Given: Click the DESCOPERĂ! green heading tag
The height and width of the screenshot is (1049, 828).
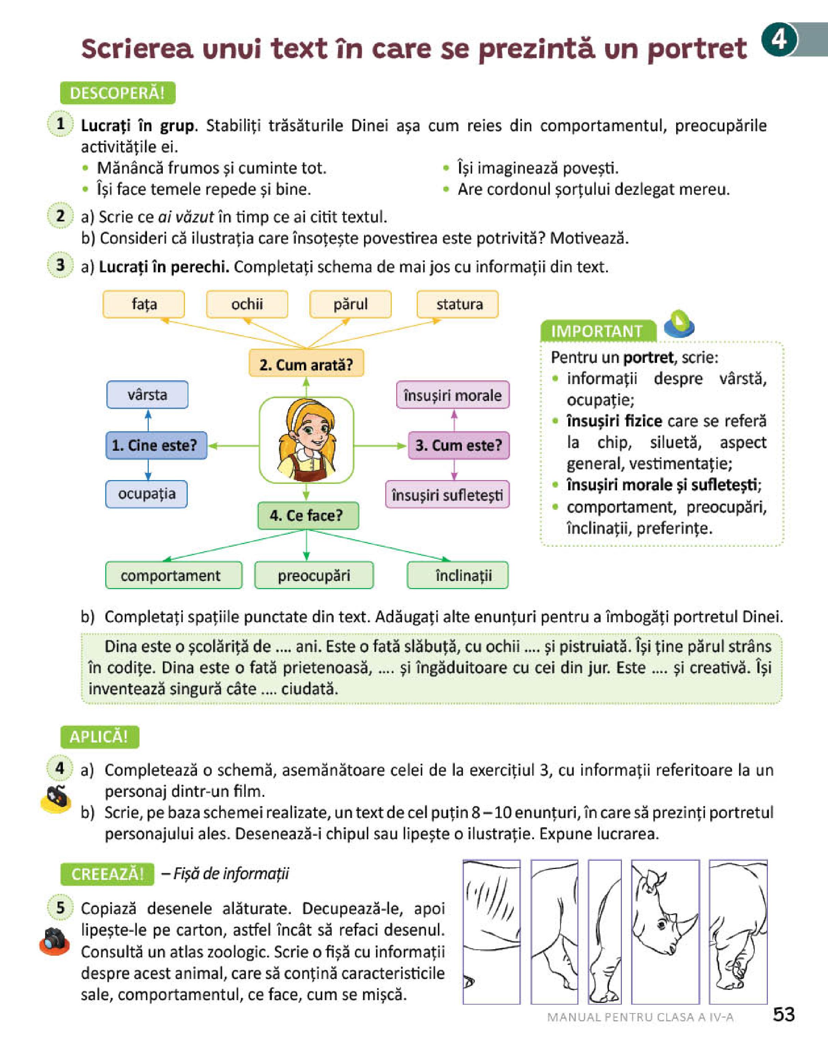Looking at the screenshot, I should [117, 93].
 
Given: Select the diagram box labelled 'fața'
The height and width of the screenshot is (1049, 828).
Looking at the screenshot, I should [144, 304].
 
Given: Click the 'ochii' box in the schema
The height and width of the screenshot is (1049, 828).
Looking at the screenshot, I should [247, 304].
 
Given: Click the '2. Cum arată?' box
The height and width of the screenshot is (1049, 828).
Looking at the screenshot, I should [306, 364].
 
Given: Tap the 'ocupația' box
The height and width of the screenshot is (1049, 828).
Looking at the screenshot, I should [146, 494].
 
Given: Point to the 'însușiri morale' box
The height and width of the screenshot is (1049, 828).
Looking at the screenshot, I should [452, 395].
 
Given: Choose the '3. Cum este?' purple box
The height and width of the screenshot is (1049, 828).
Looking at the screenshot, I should [458, 445].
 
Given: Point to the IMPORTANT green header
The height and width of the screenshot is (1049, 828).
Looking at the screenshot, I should [597, 331].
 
